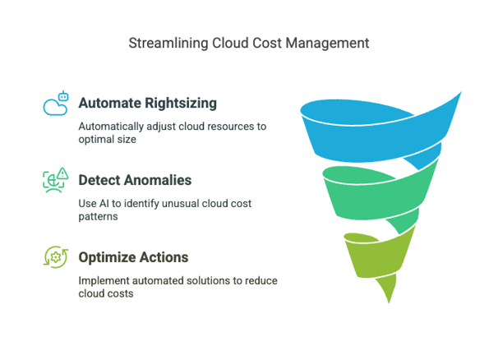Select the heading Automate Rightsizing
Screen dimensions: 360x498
[x=147, y=104]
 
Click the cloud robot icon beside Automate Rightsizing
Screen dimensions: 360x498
[x=56, y=104]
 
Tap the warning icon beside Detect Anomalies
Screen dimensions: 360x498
[x=56, y=180]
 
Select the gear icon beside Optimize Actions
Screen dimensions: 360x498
[x=56, y=256]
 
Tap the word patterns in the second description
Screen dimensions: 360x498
[x=99, y=216]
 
